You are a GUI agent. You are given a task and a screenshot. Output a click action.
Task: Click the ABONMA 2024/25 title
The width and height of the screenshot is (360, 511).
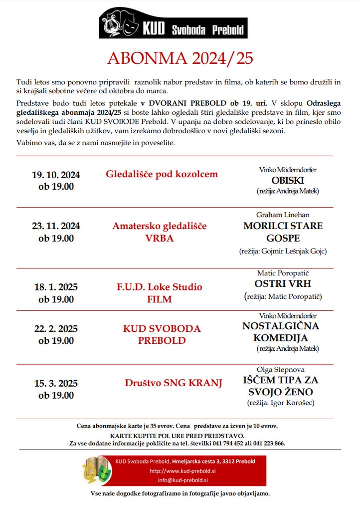point(180,59)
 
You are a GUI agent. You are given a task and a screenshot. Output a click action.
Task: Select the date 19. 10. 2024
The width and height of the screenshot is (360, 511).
point(56,175)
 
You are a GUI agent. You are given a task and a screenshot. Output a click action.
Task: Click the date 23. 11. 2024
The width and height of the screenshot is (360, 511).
point(56,226)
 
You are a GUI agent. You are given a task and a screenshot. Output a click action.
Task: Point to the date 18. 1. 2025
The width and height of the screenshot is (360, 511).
point(56,287)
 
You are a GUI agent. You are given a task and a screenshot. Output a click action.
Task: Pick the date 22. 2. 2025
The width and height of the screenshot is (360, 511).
point(56,329)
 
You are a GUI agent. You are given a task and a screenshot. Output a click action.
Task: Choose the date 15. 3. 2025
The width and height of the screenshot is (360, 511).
point(56,384)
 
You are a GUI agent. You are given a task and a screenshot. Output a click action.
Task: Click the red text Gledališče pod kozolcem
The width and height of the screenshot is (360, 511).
point(162,174)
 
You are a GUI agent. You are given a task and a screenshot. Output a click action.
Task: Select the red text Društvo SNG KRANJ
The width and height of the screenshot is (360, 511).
point(174,383)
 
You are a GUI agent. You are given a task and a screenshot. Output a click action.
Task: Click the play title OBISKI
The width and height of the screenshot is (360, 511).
point(288,180)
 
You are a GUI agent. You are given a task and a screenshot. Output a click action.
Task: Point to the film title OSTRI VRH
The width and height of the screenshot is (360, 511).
point(282,284)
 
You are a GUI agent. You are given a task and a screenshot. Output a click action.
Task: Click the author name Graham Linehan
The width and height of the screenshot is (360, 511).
point(283,215)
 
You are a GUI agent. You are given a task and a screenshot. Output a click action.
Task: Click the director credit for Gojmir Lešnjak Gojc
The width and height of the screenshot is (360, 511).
point(283,251)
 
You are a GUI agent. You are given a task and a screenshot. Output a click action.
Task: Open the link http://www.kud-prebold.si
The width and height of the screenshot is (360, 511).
point(179,471)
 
